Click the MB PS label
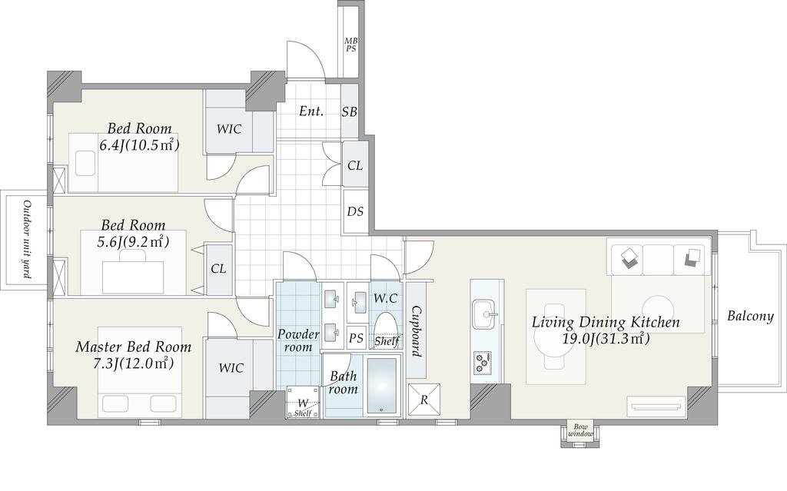click(x=350, y=45)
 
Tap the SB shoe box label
click(x=350, y=112)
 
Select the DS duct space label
click(x=355, y=211)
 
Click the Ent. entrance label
click(x=311, y=111)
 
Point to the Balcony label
click(x=750, y=317)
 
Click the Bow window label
click(x=580, y=430)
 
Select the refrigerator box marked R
click(x=424, y=400)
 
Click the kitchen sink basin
click(x=484, y=314)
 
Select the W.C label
click(x=385, y=299)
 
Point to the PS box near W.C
click(x=356, y=338)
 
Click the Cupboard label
click(x=416, y=331)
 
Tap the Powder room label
click(x=298, y=340)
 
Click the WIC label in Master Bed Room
click(x=231, y=368)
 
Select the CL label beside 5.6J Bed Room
click(x=218, y=269)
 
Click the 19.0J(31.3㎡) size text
click(x=606, y=339)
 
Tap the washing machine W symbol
click(x=303, y=403)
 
